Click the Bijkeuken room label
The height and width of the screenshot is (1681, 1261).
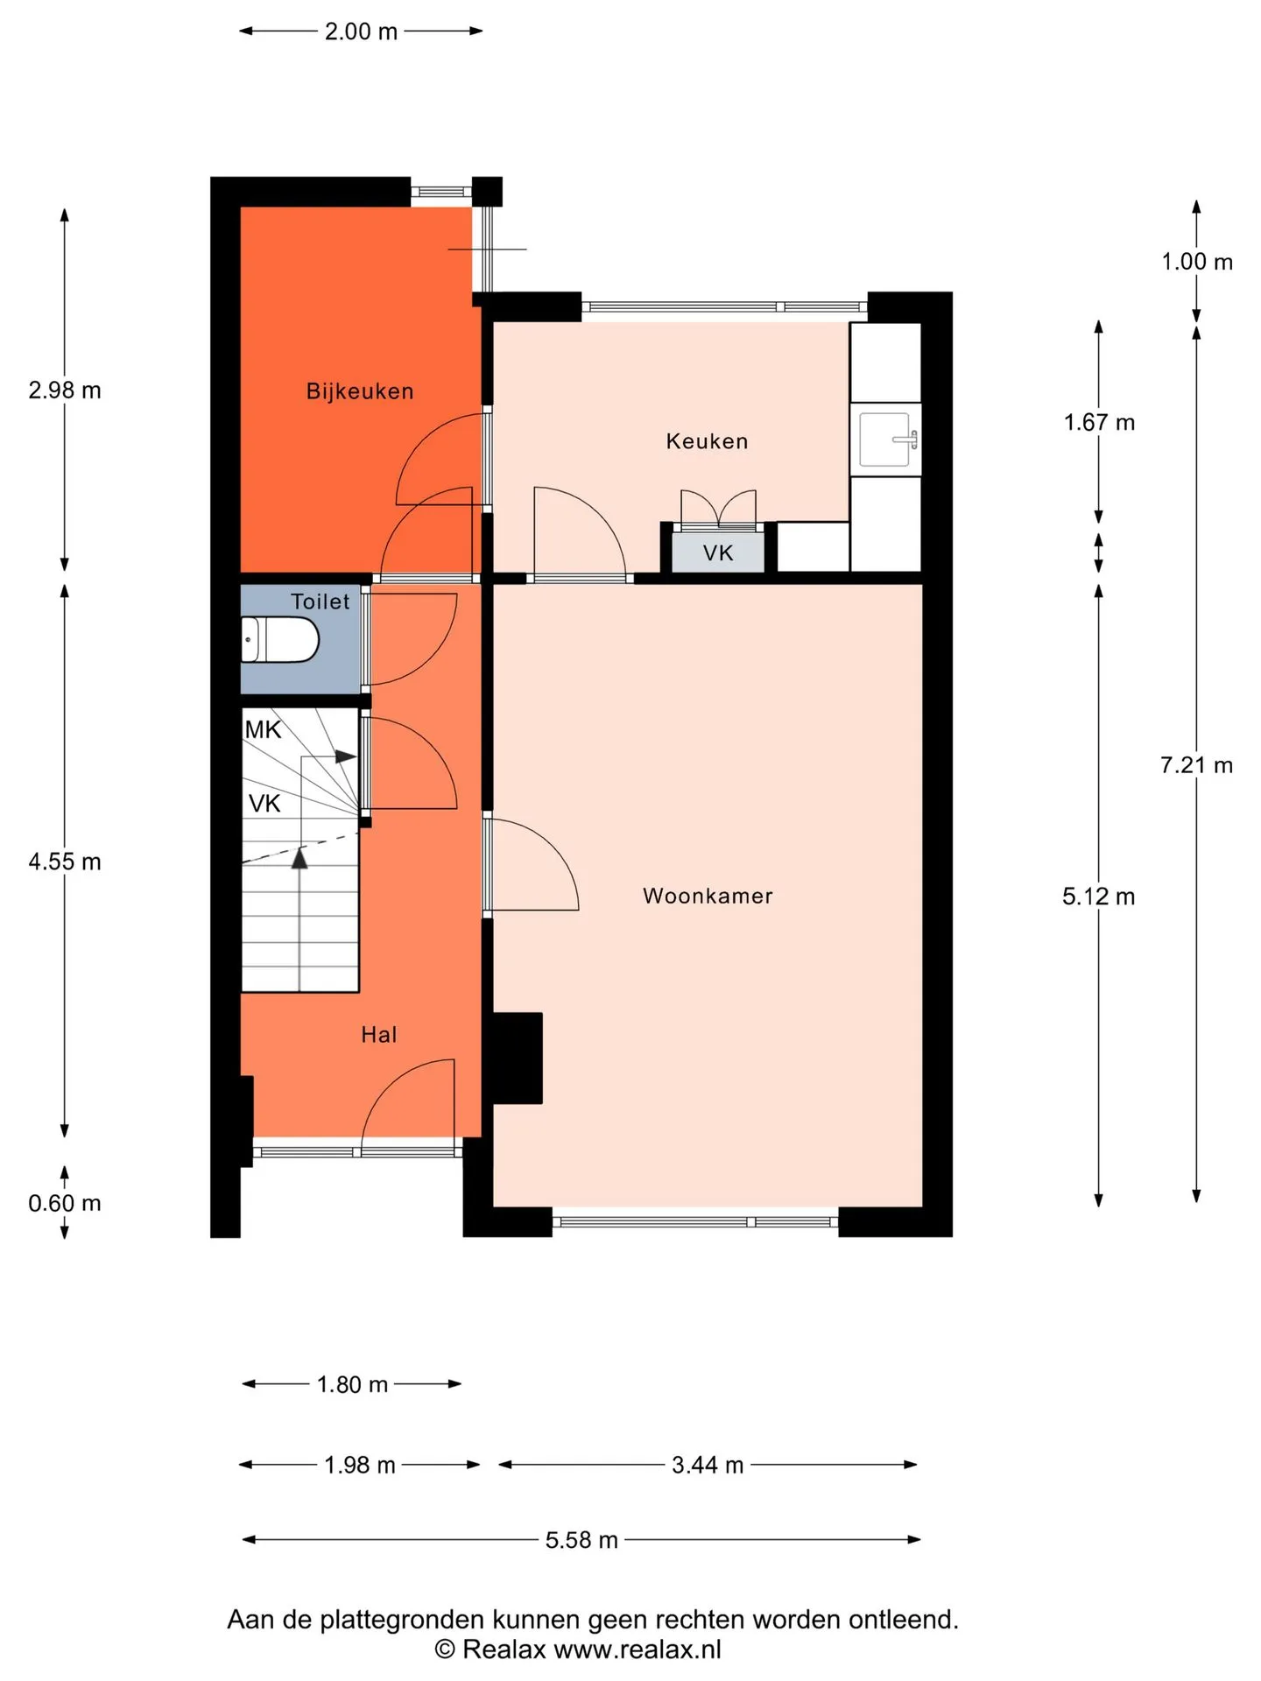pyautogui.click(x=360, y=391)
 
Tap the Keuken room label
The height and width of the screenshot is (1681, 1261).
pyautogui.click(x=708, y=441)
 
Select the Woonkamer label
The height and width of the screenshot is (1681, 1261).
pyautogui.click(x=708, y=896)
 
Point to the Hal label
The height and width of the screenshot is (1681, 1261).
pyautogui.click(x=379, y=1035)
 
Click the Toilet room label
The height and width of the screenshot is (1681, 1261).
pyautogui.click(x=320, y=601)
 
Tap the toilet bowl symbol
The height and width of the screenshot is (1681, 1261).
pyautogui.click(x=279, y=640)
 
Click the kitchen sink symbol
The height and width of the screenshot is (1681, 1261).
pyautogui.click(x=886, y=440)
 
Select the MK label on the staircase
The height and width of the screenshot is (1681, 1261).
pyautogui.click(x=263, y=730)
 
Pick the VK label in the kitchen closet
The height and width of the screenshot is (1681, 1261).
pyautogui.click(x=718, y=553)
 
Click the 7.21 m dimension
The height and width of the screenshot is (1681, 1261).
pyautogui.click(x=1196, y=765)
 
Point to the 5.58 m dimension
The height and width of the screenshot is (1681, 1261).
pyautogui.click(x=581, y=1540)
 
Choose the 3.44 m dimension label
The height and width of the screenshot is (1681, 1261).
pyautogui.click(x=708, y=1465)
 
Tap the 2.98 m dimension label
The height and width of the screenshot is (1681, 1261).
pyautogui.click(x=65, y=390)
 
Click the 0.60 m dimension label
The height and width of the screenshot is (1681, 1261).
pyautogui.click(x=65, y=1203)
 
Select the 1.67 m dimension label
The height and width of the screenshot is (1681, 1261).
pyautogui.click(x=1099, y=423)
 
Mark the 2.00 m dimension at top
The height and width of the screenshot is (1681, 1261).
pyautogui.click(x=361, y=32)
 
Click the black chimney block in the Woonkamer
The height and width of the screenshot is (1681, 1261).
pyautogui.click(x=517, y=1058)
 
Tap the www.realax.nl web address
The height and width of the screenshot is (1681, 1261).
pyautogui.click(x=638, y=1649)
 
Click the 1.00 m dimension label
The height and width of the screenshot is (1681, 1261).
pyautogui.click(x=1197, y=262)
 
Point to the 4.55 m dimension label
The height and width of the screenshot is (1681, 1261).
pyautogui.click(x=65, y=862)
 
